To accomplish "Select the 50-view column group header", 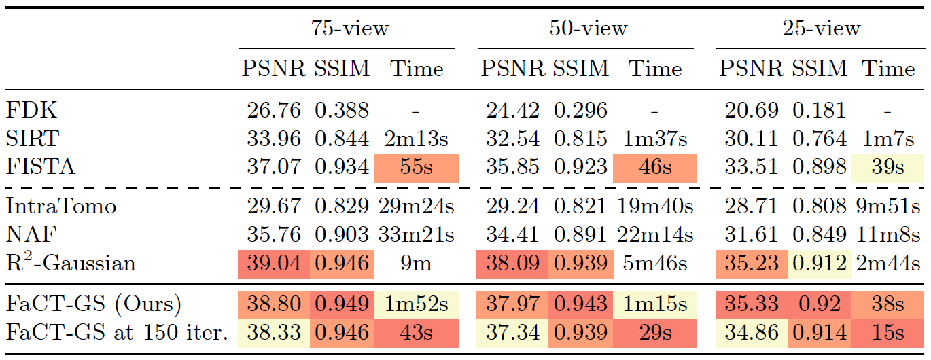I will click(589, 29).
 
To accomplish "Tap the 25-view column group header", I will click(822, 29).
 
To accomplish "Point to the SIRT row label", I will click(32, 139).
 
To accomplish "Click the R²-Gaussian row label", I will click(70, 263).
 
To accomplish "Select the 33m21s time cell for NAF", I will click(417, 234).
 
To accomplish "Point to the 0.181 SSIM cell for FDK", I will click(820, 110).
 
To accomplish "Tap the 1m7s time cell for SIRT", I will click(889, 139).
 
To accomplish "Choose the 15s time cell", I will click(889, 333).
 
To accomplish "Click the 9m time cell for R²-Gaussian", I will click(417, 264).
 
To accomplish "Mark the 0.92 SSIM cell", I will click(820, 304).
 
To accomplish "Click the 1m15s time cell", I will click(654, 304).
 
